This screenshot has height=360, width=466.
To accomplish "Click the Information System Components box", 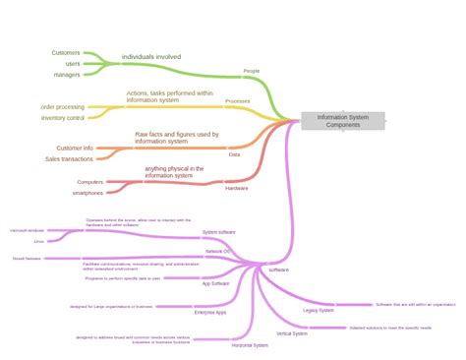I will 343,121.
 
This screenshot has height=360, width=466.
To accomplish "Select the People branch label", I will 253,72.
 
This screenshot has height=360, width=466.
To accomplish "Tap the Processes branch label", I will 237,101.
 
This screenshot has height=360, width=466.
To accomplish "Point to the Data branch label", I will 234,154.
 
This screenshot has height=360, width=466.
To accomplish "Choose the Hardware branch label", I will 236,188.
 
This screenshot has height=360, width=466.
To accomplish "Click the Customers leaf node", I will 66,52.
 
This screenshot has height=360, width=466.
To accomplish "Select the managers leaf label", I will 67,75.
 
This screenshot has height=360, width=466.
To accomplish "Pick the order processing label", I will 61,105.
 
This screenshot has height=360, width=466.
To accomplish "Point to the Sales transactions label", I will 69,158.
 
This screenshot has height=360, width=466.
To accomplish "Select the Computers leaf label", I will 90,182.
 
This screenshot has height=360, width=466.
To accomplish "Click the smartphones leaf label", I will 87,193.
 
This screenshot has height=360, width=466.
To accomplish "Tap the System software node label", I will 218,233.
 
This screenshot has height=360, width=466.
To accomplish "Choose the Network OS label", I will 218,252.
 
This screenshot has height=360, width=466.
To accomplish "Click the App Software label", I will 215,283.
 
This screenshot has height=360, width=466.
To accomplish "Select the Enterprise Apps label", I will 210,313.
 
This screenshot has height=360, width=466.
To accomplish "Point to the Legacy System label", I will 319,311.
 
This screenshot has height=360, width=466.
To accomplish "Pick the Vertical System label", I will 292,333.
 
